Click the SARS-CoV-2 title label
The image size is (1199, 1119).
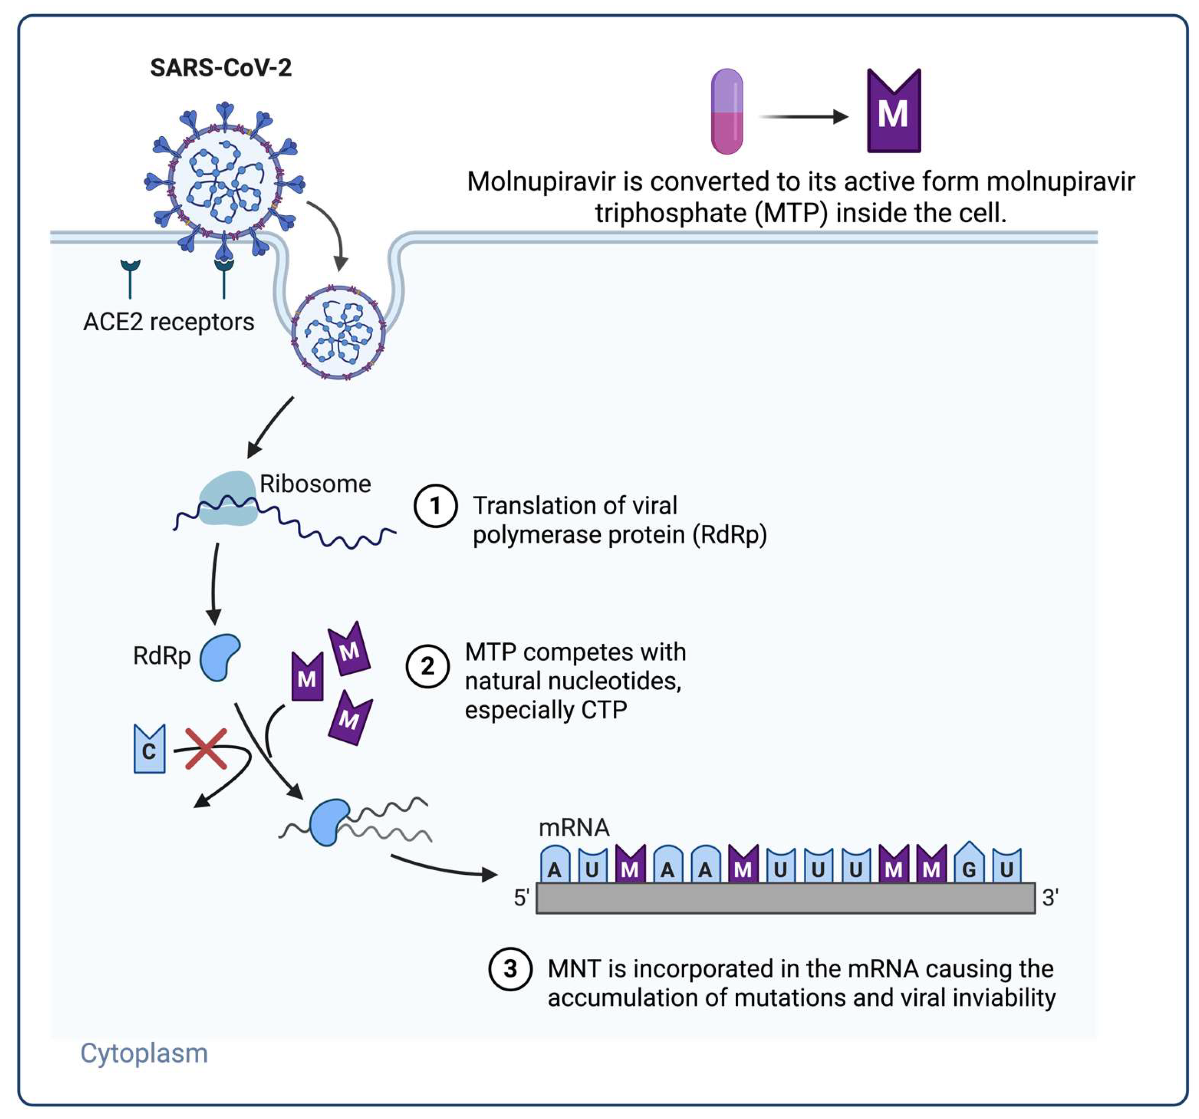coord(221,68)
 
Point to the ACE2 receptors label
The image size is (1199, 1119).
coord(169,322)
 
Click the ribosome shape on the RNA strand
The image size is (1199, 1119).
coord(228,499)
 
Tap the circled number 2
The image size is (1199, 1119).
coord(427,667)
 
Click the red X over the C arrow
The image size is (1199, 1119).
coord(206,749)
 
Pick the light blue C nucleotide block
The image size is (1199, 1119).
coord(149,750)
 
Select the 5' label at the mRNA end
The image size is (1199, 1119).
coord(521,898)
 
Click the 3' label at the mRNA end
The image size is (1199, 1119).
coord(1050,898)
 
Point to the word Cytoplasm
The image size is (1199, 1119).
coord(144,1053)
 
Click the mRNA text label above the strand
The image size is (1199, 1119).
coord(573,828)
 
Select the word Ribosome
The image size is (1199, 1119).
coord(315,484)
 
